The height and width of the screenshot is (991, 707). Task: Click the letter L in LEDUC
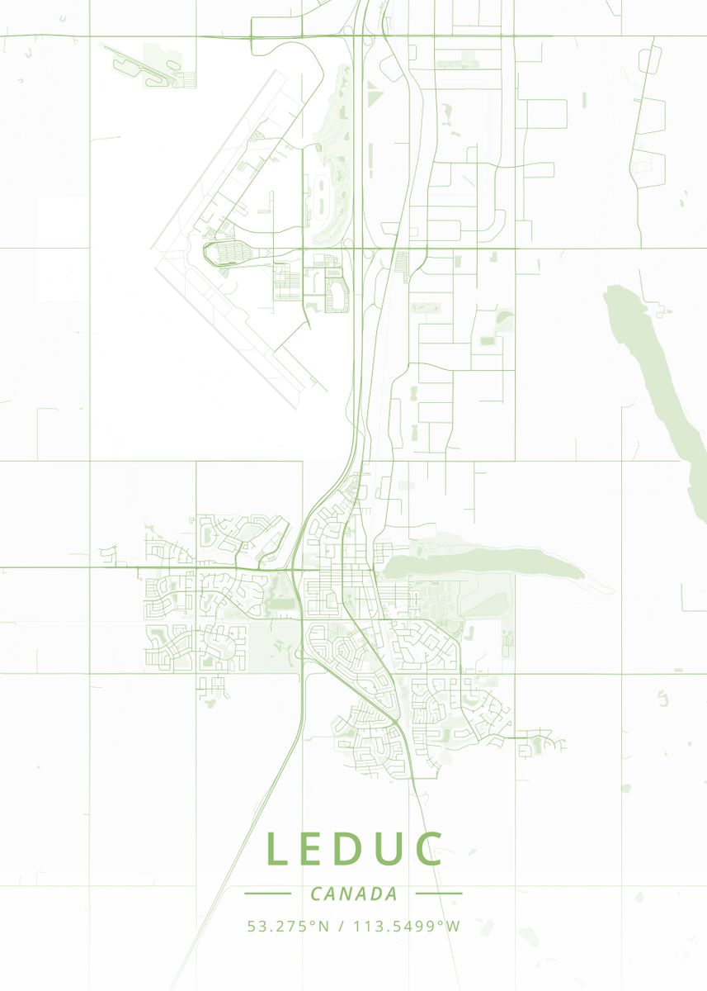277,849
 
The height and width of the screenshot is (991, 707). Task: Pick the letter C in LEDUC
428,849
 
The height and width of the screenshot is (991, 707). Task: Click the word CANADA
354,894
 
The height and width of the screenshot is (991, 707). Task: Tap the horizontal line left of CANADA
267,893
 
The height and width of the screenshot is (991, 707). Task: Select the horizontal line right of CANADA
439,893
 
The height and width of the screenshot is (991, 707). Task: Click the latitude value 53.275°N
288,927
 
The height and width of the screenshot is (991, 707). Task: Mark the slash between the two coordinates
341,927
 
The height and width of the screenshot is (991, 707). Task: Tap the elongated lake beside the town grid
487,564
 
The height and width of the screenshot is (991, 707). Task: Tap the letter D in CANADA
375,894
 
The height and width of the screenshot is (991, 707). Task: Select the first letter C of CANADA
317,894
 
